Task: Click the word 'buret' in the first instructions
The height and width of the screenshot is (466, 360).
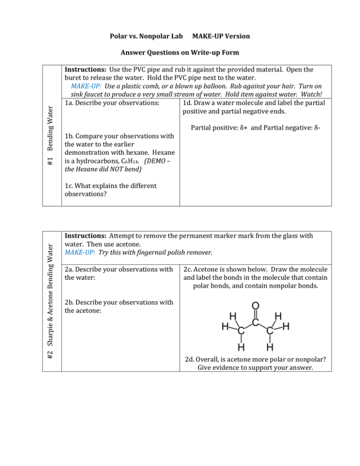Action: tap(75, 78)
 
